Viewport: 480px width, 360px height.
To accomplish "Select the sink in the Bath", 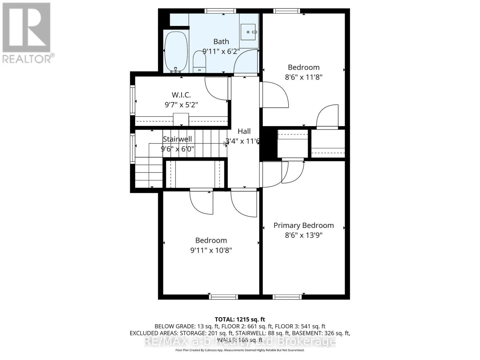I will coord(248,32).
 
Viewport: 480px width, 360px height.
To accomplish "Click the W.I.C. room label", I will coord(181,95).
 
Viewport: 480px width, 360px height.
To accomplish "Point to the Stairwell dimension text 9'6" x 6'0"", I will coord(178,148).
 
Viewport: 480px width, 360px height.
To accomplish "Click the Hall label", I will coord(244,131).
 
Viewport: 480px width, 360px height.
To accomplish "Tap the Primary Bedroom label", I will coord(303,225).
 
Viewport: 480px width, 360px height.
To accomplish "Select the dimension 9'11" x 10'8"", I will coord(211,250).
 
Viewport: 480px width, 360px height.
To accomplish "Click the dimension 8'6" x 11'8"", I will coord(303,77).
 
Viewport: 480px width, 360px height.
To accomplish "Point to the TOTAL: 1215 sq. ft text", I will coord(240,319).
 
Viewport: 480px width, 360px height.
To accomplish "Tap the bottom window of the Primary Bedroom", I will coord(287,297).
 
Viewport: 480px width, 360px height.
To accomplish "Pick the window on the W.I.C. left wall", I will coord(132,100).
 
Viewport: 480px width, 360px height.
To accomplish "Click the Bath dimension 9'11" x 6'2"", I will coord(221,51).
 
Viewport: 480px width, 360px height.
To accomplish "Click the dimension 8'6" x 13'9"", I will coord(303,235).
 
